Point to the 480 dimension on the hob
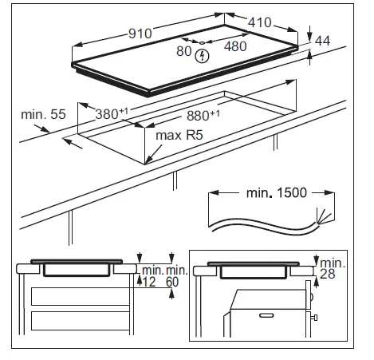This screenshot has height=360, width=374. [x=236, y=46]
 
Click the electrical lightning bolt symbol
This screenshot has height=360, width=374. [x=203, y=56]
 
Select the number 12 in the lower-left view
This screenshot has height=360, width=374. [x=148, y=281]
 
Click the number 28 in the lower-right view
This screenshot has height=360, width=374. [x=327, y=275]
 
